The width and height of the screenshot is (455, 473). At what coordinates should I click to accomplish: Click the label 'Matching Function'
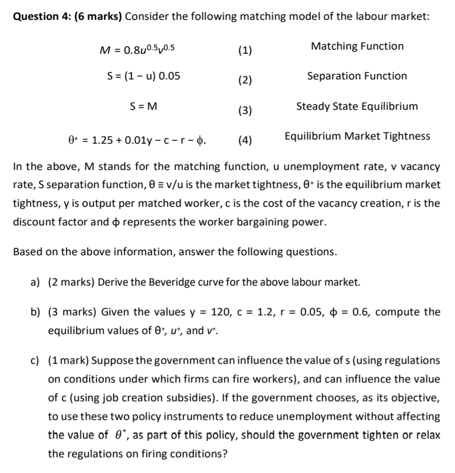pyautogui.click(x=357, y=46)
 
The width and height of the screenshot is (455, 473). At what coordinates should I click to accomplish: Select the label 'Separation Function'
pyautogui.click(x=357, y=76)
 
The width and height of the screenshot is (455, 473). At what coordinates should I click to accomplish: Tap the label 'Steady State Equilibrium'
pyautogui.click(x=357, y=106)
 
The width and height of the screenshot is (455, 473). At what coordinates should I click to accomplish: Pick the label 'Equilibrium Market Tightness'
pyautogui.click(x=357, y=136)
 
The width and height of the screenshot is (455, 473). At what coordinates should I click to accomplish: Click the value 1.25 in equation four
pyautogui.click(x=103, y=140)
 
